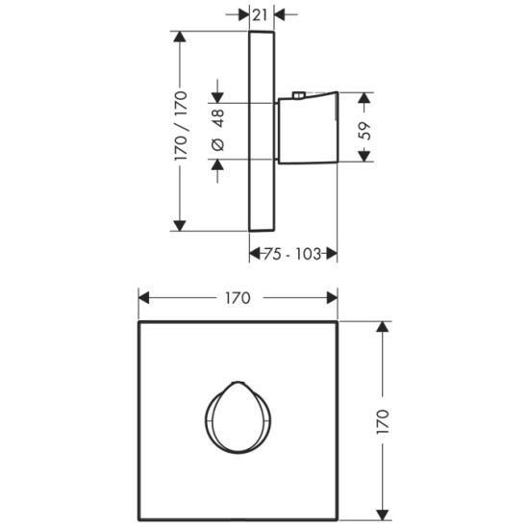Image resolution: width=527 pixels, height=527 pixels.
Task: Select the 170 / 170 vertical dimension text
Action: click(180, 129)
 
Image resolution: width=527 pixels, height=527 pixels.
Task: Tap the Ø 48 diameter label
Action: click(217, 130)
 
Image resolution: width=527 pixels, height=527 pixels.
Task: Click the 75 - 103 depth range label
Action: click(293, 254)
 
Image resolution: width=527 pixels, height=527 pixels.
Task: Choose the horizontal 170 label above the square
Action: click(237, 298)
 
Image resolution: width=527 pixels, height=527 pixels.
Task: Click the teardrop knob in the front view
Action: click(236, 417)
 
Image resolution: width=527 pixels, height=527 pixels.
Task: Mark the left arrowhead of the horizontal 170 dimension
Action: click(143, 298)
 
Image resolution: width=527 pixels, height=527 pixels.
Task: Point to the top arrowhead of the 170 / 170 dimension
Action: click(180, 35)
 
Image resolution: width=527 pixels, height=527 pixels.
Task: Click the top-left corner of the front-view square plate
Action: click(138, 322)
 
